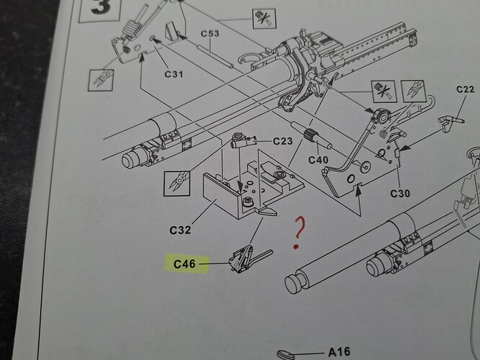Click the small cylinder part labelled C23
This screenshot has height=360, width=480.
tap(241, 141)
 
